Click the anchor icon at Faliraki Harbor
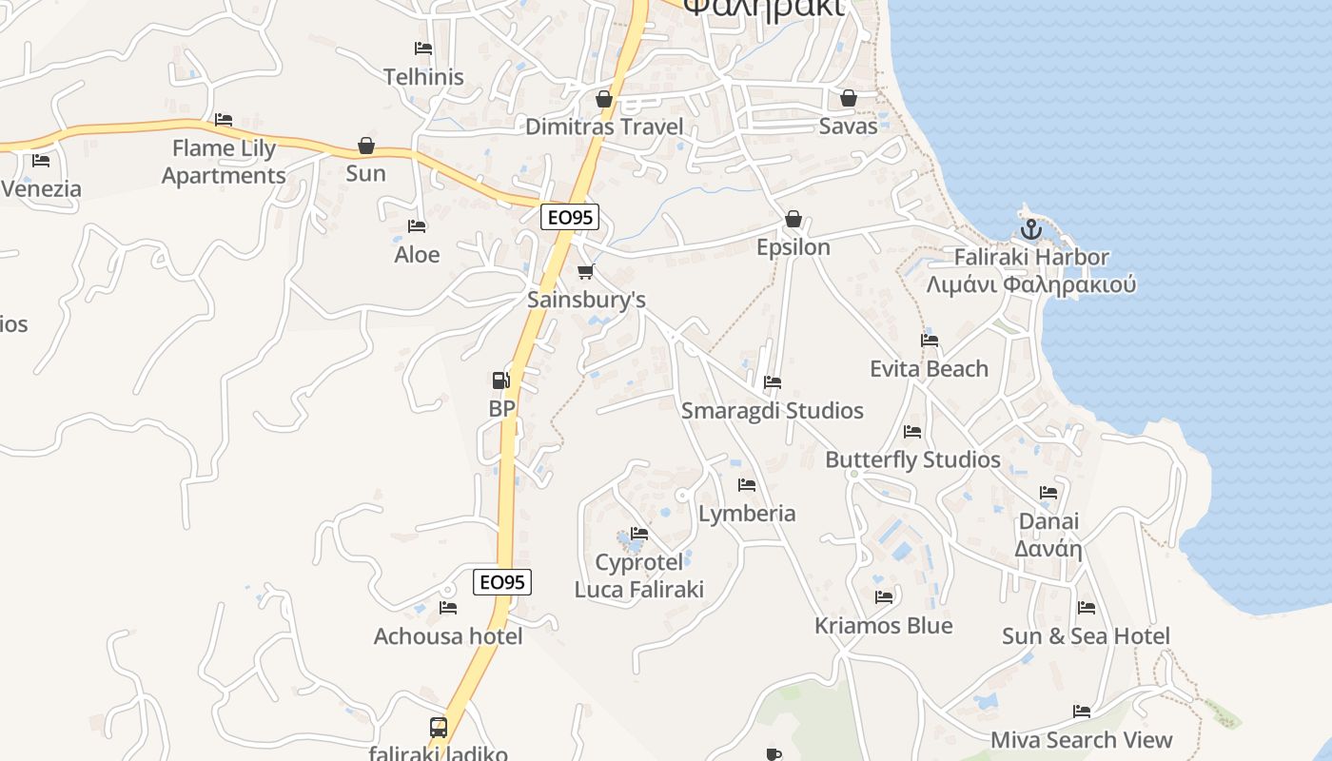pos(1030,229)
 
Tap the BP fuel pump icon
pos(500,380)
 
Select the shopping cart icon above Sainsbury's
pos(585,272)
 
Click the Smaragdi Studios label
pos(773,410)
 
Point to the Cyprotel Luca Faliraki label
pos(639,576)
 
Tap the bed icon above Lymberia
pos(747,485)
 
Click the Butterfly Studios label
pos(912,459)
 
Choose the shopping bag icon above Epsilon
pos(793,220)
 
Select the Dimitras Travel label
pos(604,127)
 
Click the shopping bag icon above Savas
pos(848,98)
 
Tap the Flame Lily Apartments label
pos(224,162)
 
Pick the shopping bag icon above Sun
pos(366,146)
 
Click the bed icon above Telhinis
pos(423,49)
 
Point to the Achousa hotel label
pos(448,635)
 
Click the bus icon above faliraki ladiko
pos(439,728)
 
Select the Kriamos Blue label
pos(883,625)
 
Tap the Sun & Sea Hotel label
pos(1086,635)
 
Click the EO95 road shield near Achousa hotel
pos(502,582)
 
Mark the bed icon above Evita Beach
pos(930,341)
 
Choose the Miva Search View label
pos(1081,739)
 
